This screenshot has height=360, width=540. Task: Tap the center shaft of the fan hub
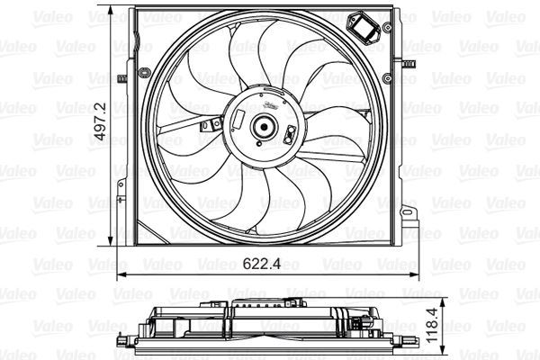(x=265, y=127)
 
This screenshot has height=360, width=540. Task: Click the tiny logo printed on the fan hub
(x=266, y=107)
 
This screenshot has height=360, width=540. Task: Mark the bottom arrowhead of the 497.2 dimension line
(x=112, y=243)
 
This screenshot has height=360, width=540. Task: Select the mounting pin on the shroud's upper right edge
(x=407, y=64)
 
